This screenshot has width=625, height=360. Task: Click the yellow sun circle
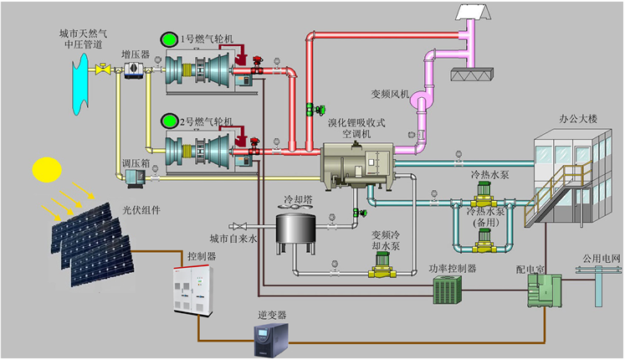(x=47, y=170)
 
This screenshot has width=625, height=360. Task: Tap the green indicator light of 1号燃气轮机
(x=169, y=39)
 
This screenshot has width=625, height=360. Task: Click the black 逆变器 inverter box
(x=277, y=339)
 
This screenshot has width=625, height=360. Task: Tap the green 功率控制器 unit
(x=448, y=290)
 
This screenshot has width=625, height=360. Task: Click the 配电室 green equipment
(x=538, y=293)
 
